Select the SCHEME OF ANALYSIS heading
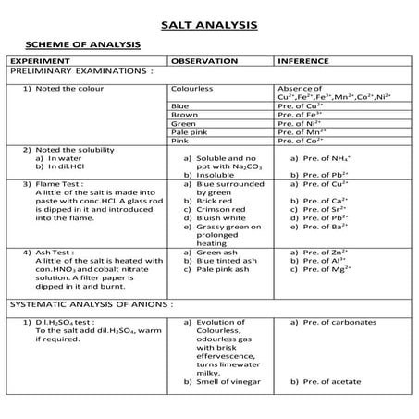pyautogui.click(x=82, y=43)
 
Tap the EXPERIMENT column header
pyautogui.click(x=42, y=60)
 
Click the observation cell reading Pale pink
pyautogui.click(x=191, y=131)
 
